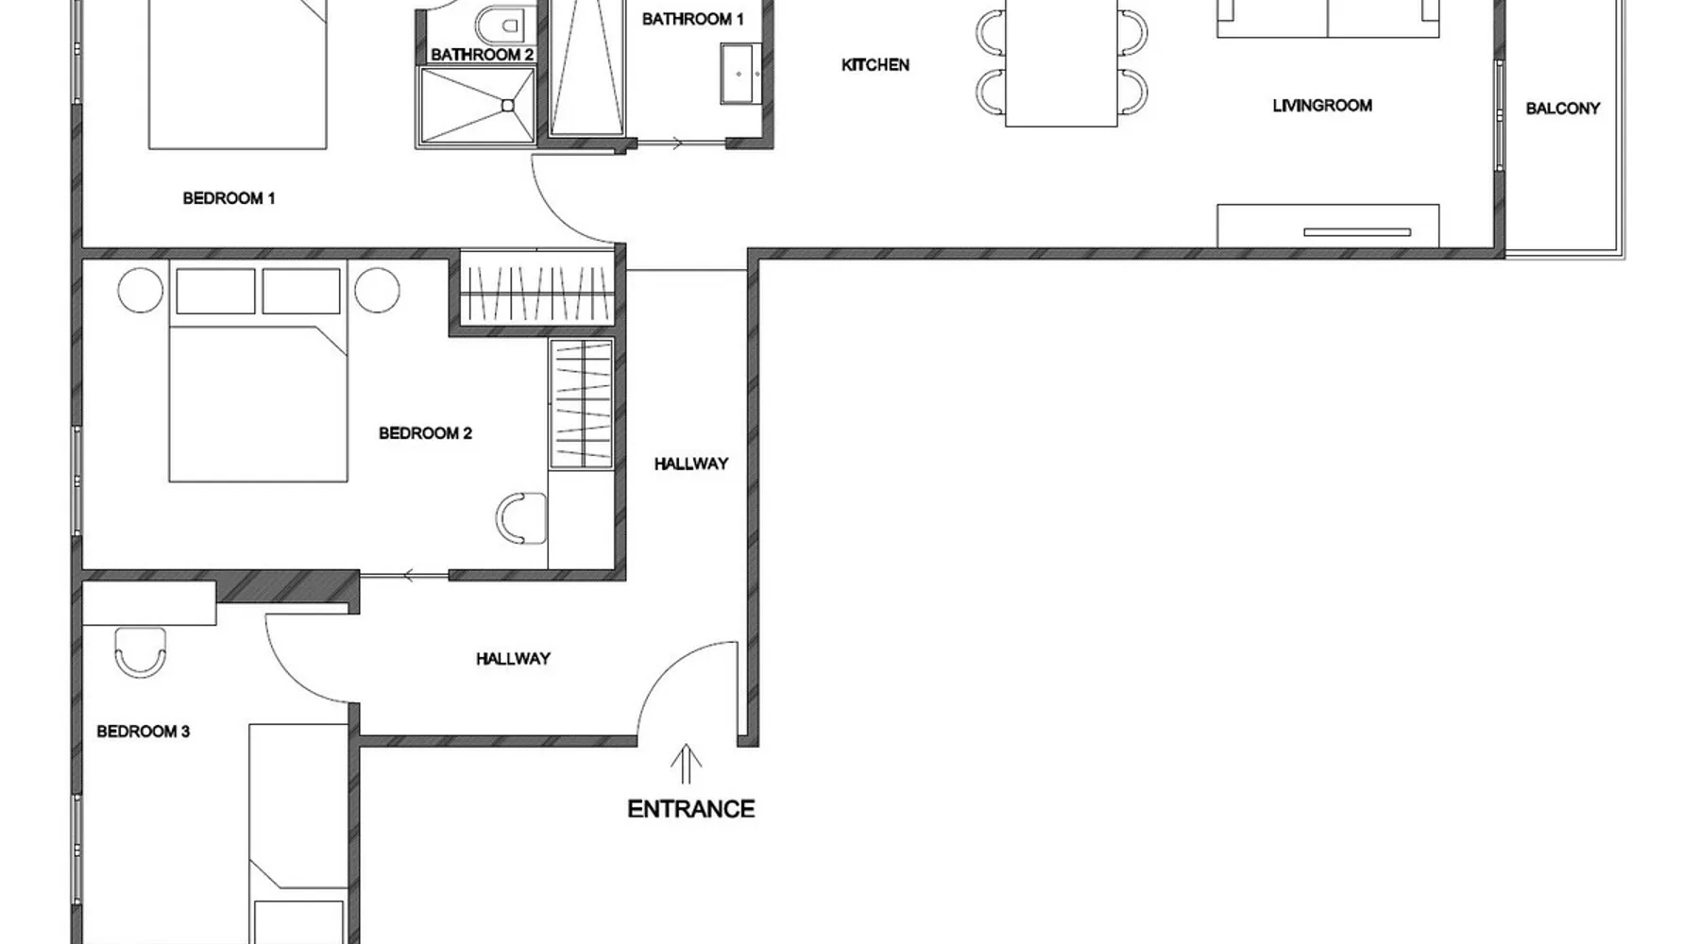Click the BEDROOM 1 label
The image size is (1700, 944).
229,198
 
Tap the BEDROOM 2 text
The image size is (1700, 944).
425,433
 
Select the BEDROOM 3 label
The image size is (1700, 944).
144,732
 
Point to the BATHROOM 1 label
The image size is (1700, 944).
693,19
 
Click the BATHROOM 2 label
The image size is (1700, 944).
483,55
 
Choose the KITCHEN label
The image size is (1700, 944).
875,65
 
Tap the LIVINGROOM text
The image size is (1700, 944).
1322,106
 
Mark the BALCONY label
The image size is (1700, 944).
1563,109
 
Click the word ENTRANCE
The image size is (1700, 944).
691,809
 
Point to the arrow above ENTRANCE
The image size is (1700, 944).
686,765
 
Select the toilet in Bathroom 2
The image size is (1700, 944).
501,23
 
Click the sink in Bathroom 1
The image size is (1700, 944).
741,73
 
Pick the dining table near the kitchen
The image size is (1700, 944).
1062,61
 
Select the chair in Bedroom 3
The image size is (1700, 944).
141,652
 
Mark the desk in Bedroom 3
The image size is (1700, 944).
149,603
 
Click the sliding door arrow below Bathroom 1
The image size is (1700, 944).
676,144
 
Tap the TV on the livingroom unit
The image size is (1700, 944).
1357,232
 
